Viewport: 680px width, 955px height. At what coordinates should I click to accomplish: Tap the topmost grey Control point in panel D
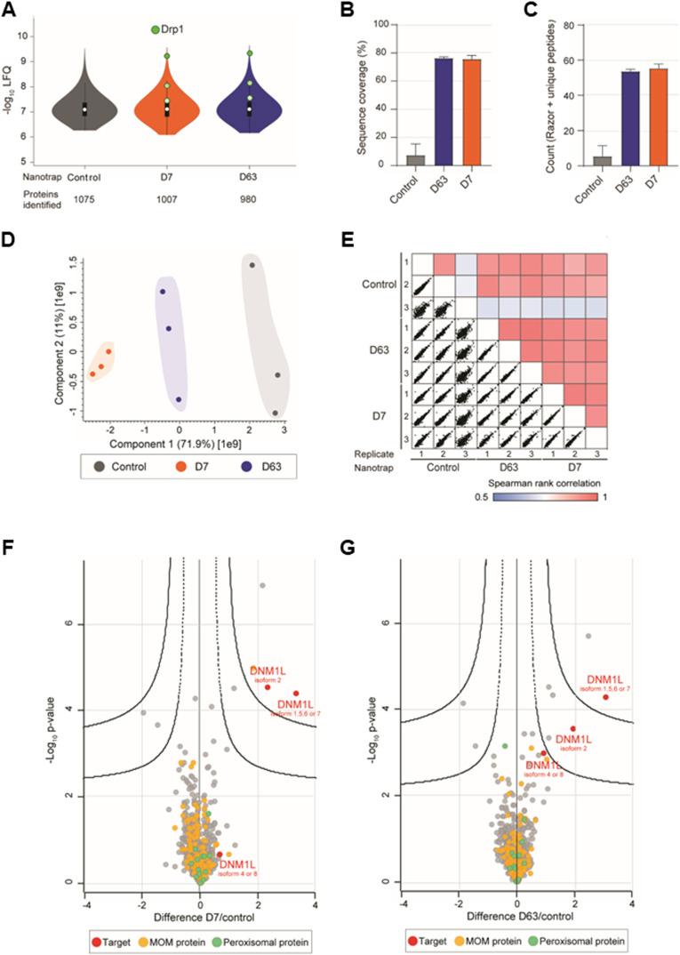[252, 265]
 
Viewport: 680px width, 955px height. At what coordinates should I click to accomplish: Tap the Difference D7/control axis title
[199, 917]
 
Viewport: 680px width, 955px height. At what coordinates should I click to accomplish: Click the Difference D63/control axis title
[517, 917]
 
